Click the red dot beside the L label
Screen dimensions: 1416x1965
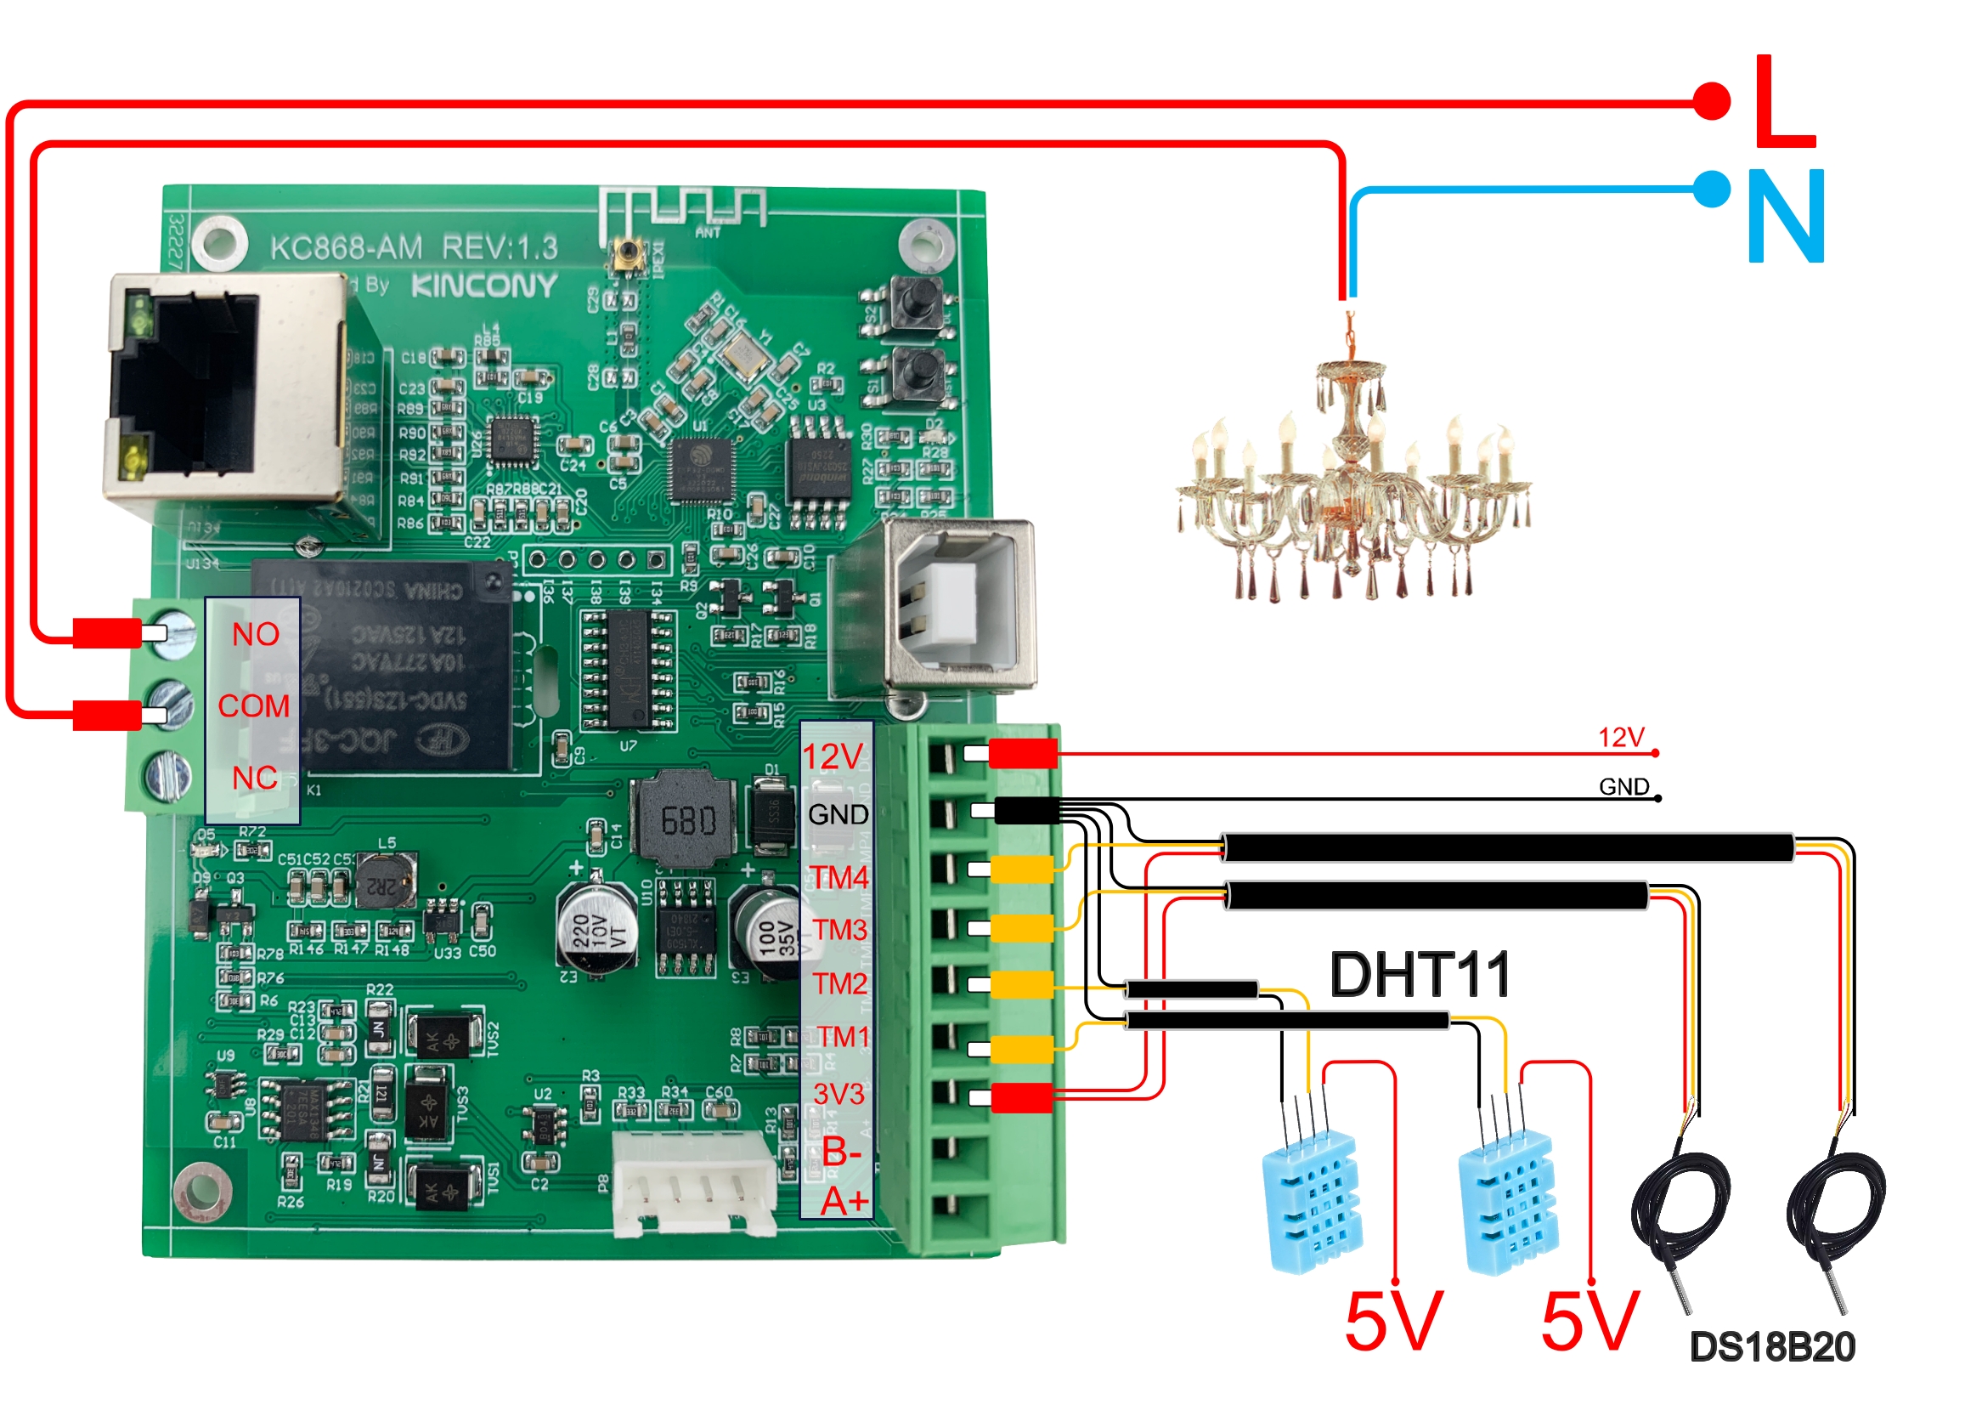click(1711, 100)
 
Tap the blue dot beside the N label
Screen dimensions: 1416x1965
click(1711, 189)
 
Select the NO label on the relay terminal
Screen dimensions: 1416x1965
click(255, 634)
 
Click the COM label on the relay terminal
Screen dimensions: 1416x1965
click(253, 706)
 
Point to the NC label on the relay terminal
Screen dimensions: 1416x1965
click(255, 779)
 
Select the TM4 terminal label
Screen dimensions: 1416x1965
click(839, 877)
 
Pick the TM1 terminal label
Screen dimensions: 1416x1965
click(842, 1036)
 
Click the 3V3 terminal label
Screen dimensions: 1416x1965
click(838, 1094)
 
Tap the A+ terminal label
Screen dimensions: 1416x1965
click(844, 1201)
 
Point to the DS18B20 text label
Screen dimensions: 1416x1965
click(1772, 1347)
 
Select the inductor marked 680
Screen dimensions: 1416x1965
click(687, 819)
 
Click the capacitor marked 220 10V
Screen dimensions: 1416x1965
click(596, 932)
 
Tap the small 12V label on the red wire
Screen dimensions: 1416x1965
click(1620, 738)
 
